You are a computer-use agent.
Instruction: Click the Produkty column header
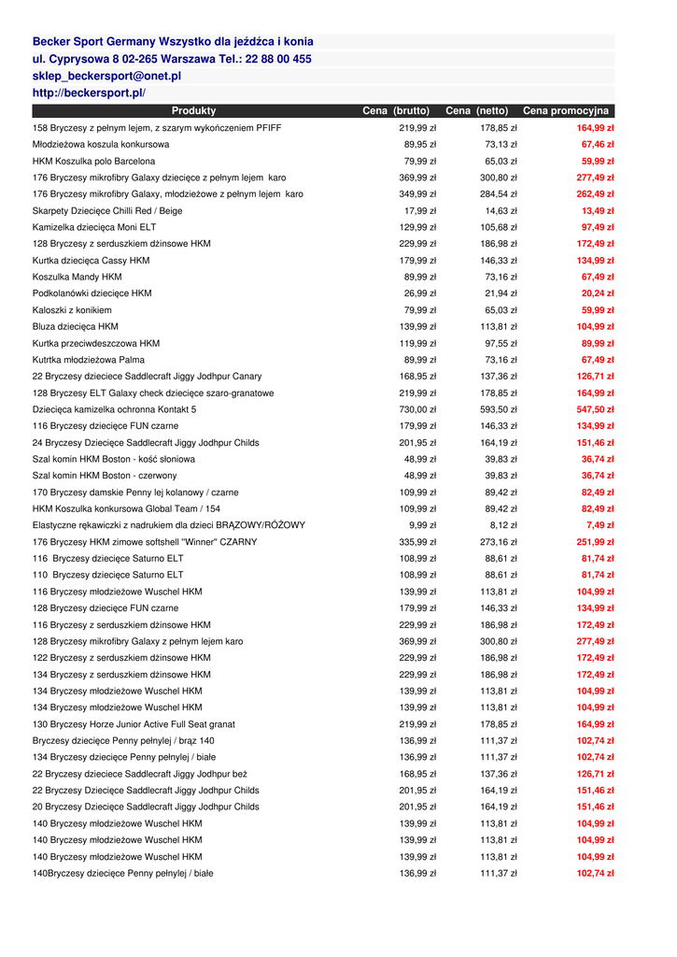[x=193, y=111]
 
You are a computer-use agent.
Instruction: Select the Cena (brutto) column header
[x=396, y=111]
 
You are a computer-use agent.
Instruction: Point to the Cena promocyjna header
[x=566, y=111]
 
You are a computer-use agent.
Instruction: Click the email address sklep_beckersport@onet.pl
[x=106, y=76]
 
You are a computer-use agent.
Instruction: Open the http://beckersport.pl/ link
[x=89, y=93]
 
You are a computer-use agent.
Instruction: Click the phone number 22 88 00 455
[x=276, y=59]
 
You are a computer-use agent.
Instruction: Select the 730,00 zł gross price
[x=416, y=409]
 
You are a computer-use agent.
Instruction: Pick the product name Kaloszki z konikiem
[x=72, y=310]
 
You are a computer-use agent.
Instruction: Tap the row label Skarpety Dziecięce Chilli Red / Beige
[x=107, y=210]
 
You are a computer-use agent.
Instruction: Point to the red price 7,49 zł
[x=599, y=525]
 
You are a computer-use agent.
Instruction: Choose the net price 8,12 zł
[x=501, y=525]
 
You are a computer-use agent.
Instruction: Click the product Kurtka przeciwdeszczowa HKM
[x=96, y=343]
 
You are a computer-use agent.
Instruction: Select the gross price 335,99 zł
[x=416, y=542]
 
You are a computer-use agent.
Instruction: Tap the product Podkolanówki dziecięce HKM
[x=92, y=293]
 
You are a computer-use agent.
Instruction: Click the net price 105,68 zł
[x=499, y=227]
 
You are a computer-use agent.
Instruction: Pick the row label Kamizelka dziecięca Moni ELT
[x=94, y=227]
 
